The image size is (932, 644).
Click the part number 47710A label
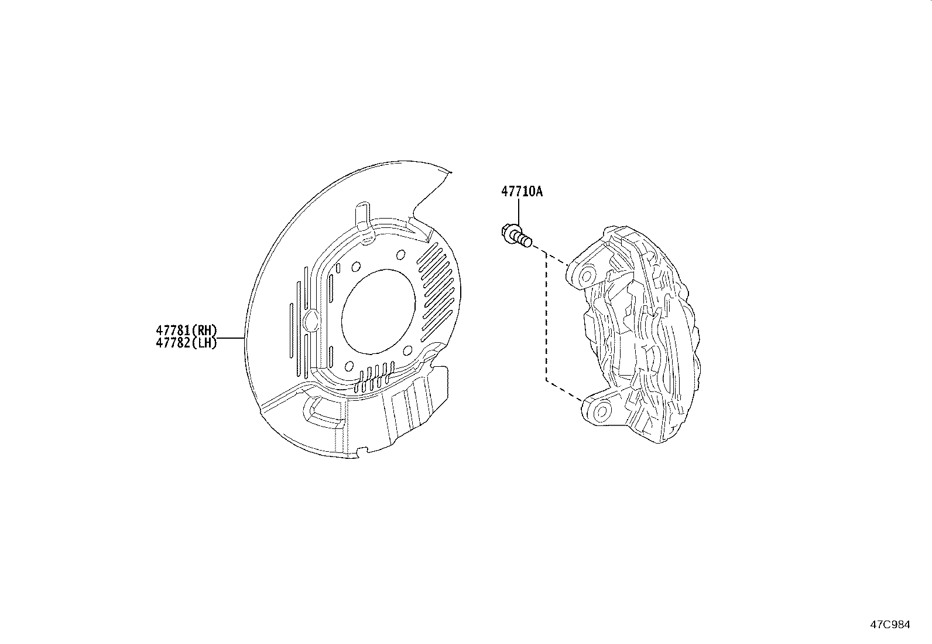coord(521,192)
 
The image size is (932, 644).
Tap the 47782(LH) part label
coord(186,343)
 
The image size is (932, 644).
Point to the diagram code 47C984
coord(890,625)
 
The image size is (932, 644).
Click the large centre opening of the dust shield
coord(378,311)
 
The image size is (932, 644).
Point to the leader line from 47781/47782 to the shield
coord(231,338)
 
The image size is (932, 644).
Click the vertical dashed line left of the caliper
coord(546,316)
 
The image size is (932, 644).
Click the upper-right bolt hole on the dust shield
coord(401,254)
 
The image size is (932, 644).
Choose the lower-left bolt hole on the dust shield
coord(349,366)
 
